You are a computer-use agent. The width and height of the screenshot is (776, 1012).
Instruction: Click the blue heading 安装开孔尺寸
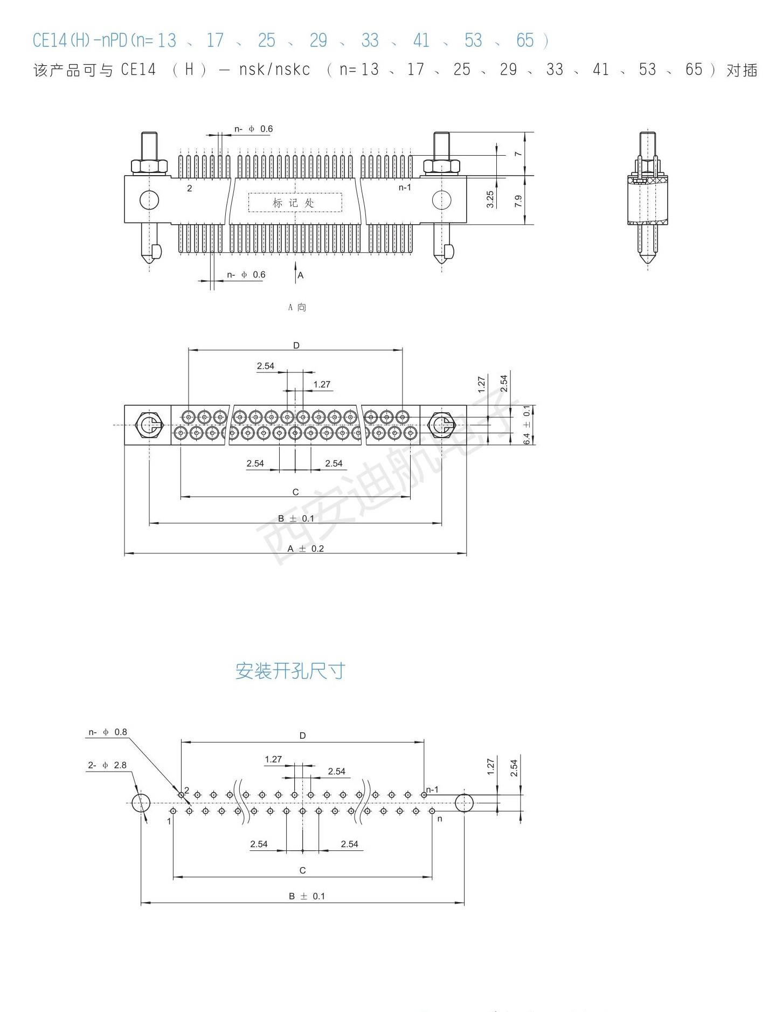pyautogui.click(x=290, y=671)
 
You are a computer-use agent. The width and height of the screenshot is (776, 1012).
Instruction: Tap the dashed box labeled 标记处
pyautogui.click(x=295, y=203)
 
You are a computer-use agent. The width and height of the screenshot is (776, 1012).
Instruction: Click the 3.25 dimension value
pyautogui.click(x=490, y=199)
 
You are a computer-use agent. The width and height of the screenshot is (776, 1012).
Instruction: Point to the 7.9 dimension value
pyautogui.click(x=518, y=201)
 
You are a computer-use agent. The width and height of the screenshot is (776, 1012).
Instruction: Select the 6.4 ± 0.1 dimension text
pyautogui.click(x=527, y=425)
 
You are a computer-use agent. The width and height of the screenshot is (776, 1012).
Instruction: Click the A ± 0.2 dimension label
pyautogui.click(x=306, y=549)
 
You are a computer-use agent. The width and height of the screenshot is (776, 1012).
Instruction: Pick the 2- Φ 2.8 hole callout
pyautogui.click(x=107, y=765)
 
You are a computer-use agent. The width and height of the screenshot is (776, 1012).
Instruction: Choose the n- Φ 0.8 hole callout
pyautogui.click(x=108, y=732)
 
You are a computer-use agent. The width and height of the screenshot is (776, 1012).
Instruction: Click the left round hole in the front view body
pyautogui.click(x=149, y=200)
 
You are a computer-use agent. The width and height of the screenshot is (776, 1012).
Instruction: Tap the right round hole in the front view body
pyautogui.click(x=442, y=200)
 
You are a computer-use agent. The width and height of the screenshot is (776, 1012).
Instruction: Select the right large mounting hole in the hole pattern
pyautogui.click(x=464, y=803)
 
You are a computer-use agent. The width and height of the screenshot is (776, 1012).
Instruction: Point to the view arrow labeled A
pyautogui.click(x=295, y=273)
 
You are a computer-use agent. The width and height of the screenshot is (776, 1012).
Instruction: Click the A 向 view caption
pyautogui.click(x=297, y=307)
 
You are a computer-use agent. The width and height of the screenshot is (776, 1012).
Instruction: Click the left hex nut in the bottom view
pyautogui.click(x=149, y=425)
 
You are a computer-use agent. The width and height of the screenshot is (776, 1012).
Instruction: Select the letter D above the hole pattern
pyautogui.click(x=302, y=736)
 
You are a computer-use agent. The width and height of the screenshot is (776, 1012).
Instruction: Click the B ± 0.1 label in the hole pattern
pyautogui.click(x=307, y=896)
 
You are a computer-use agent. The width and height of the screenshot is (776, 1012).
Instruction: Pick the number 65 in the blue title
pyautogui.click(x=525, y=40)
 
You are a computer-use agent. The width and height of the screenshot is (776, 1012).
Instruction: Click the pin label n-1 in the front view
pyautogui.click(x=405, y=188)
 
